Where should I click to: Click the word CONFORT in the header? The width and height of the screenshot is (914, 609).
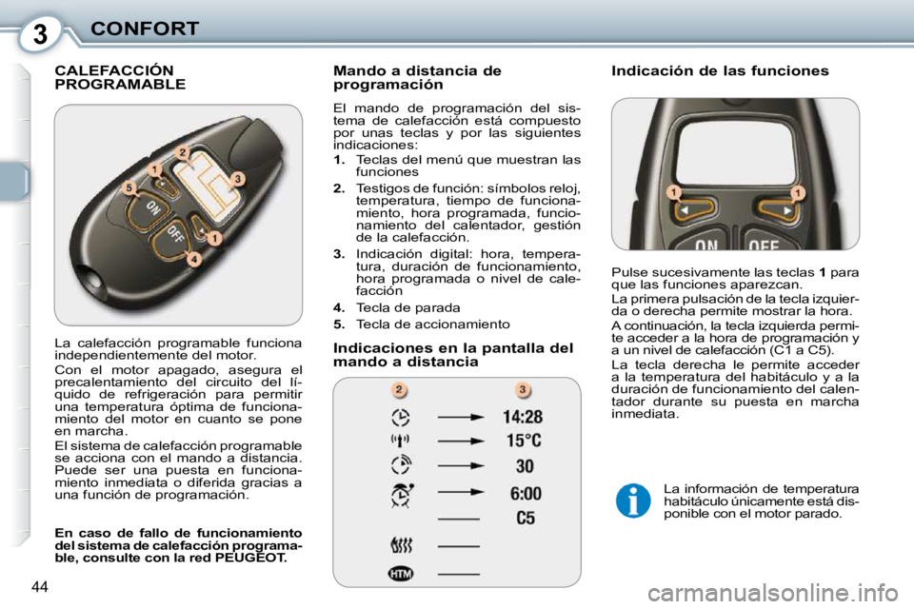[x=145, y=28]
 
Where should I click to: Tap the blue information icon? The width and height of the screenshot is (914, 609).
[x=632, y=500]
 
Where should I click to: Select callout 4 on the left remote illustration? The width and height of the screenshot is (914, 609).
[x=193, y=258]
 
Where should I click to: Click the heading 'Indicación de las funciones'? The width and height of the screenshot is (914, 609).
[x=720, y=70]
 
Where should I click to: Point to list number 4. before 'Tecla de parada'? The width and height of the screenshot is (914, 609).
[x=338, y=308]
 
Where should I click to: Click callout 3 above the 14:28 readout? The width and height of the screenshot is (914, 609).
[x=523, y=388]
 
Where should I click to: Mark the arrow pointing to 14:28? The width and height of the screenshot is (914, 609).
[x=461, y=417]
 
